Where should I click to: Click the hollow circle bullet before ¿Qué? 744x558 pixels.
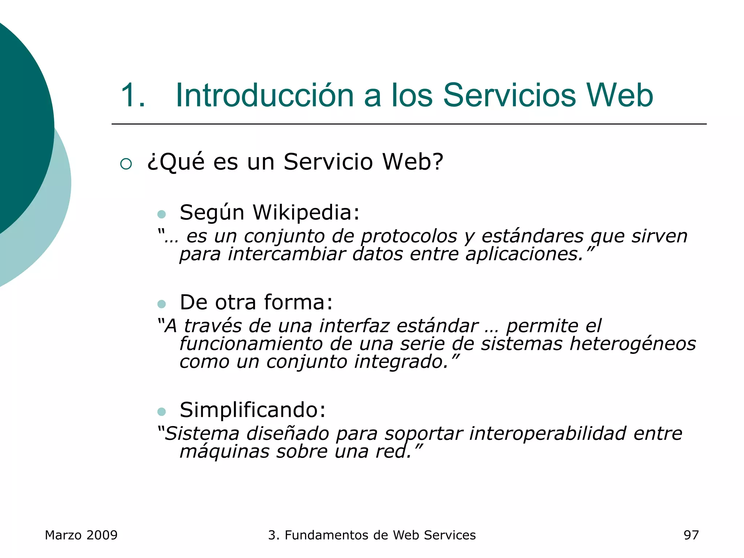(x=126, y=164)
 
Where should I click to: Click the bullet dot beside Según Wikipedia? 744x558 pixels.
(x=162, y=214)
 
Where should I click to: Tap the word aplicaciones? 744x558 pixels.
(x=524, y=254)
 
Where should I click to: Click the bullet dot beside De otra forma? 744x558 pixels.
(x=162, y=304)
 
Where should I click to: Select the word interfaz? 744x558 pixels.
(x=354, y=325)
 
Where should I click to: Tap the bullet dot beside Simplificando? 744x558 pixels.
(x=162, y=412)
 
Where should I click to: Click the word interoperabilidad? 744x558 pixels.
(x=547, y=433)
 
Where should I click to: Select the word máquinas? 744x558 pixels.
(x=224, y=452)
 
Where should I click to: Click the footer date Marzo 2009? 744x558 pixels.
(x=81, y=535)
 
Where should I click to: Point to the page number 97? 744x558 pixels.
(x=691, y=535)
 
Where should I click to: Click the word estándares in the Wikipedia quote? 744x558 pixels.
(x=532, y=236)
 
